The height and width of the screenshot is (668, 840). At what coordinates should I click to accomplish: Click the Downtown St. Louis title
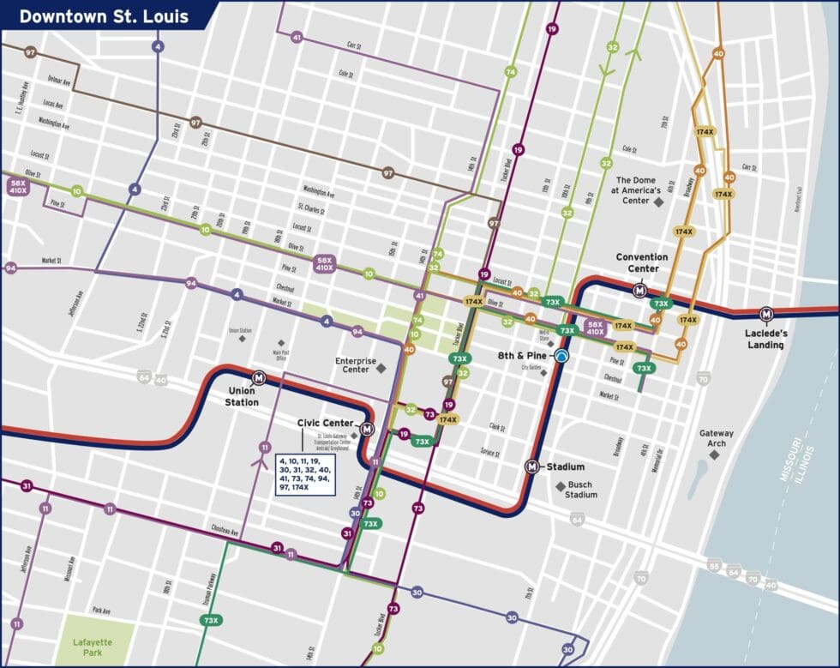coord(104,16)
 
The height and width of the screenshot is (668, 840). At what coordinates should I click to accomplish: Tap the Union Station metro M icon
coord(259,376)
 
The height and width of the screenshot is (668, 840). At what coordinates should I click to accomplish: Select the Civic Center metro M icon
coord(367,430)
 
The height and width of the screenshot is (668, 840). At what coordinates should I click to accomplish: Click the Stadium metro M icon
coord(532,466)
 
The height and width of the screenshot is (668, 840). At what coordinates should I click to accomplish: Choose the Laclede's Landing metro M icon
coord(766,314)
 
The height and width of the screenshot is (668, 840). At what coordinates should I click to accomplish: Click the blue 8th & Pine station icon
coord(561,356)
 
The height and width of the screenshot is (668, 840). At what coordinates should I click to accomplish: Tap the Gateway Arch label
coord(717,438)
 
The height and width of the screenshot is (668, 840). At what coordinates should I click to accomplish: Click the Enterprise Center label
coord(356,366)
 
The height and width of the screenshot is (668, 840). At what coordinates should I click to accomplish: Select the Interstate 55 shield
coord(714,566)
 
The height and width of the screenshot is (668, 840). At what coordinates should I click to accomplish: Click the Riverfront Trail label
coord(797,202)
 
